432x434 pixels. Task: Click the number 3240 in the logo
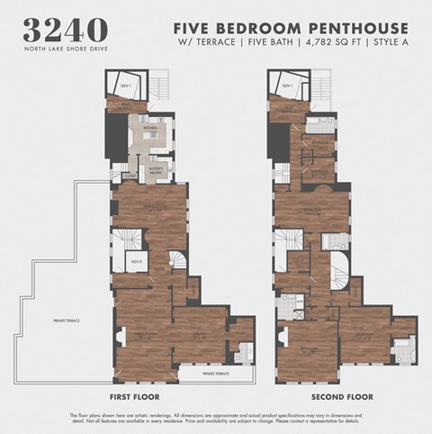(68, 30)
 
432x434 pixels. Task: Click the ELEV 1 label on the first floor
(122, 86)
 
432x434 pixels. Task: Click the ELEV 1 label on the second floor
(288, 86)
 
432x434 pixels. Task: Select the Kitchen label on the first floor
(149, 128)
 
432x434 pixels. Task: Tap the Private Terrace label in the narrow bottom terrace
(215, 373)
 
